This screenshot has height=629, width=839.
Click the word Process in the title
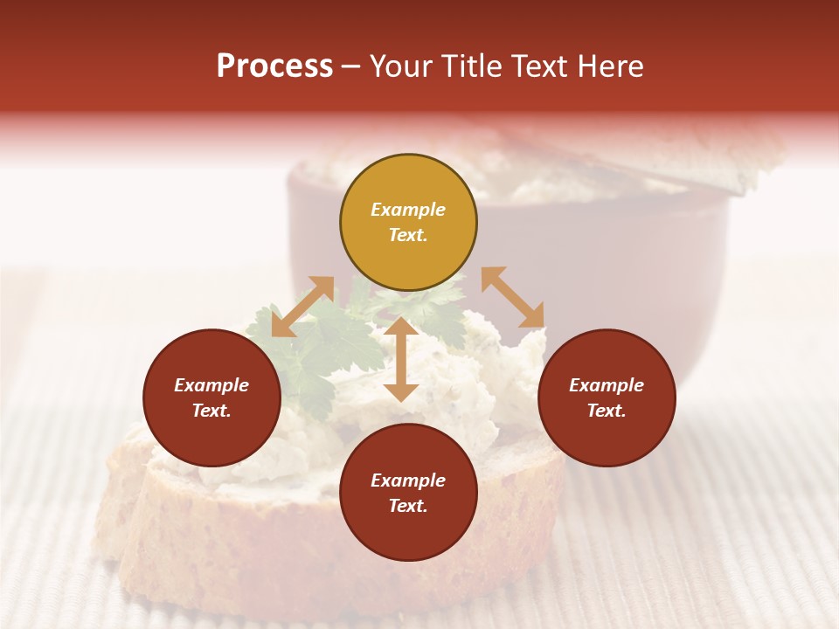pyautogui.click(x=274, y=66)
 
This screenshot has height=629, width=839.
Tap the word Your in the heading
pyautogui.click(x=403, y=66)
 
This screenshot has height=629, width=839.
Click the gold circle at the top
pyautogui.click(x=408, y=222)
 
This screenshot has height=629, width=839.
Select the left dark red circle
pyautogui.click(x=211, y=397)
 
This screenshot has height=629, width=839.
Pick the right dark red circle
pyautogui.click(x=607, y=397)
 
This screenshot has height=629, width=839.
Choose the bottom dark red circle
pyautogui.click(x=408, y=493)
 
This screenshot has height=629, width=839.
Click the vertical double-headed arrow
pyautogui.click(x=401, y=358)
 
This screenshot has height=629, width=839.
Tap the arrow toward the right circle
pyautogui.click(x=513, y=297)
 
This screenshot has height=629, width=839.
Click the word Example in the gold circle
pyautogui.click(x=408, y=210)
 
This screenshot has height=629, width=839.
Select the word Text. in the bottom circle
pyautogui.click(x=408, y=506)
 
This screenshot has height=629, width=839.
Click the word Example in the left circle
pyautogui.click(x=211, y=385)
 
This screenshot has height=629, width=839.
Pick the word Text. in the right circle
pyautogui.click(x=607, y=411)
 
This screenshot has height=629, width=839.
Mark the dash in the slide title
pyautogui.click(x=350, y=67)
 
